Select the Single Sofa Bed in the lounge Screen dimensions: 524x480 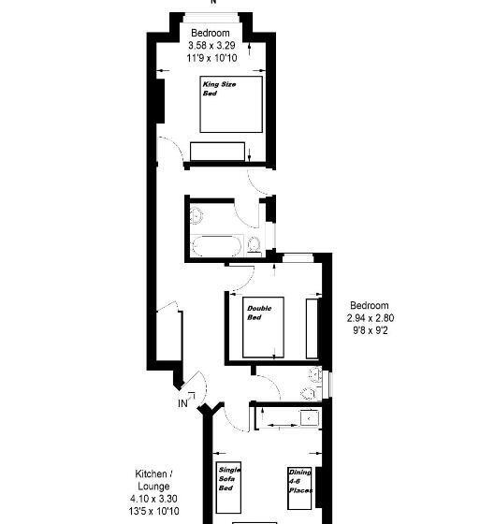(231, 489)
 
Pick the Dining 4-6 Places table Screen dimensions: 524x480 (299, 489)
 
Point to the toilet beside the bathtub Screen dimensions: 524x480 (255, 245)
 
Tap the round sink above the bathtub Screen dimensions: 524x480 (197, 214)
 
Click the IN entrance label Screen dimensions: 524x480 (183, 403)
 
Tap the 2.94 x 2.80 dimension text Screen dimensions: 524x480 (371, 318)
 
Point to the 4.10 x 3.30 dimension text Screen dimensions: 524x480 (153, 499)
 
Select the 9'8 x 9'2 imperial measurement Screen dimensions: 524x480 (371, 330)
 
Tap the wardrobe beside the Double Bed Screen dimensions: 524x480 (313, 328)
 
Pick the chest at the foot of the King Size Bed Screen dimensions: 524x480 (217, 152)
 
